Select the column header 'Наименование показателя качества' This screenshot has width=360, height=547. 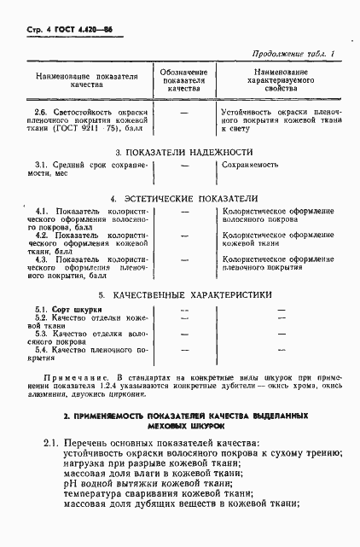(86, 81)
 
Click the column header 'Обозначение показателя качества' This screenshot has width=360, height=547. (183, 79)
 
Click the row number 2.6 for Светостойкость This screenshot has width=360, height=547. (40, 112)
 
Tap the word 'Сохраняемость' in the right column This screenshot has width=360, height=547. (253, 164)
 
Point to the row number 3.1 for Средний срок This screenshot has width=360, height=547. (41, 164)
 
